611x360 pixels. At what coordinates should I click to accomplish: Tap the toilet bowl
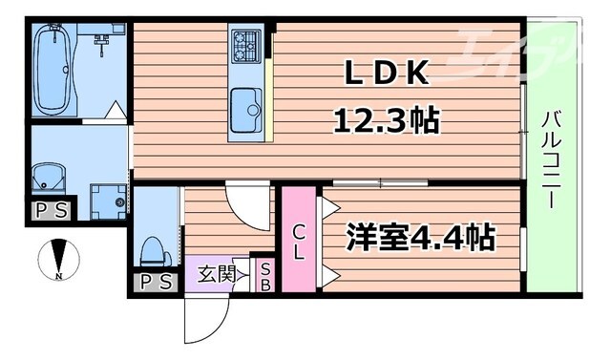pyautogui.click(x=153, y=250)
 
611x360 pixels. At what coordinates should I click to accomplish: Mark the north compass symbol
pyautogui.click(x=59, y=260)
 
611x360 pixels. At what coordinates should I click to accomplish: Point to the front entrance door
pyautogui.click(x=202, y=320)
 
